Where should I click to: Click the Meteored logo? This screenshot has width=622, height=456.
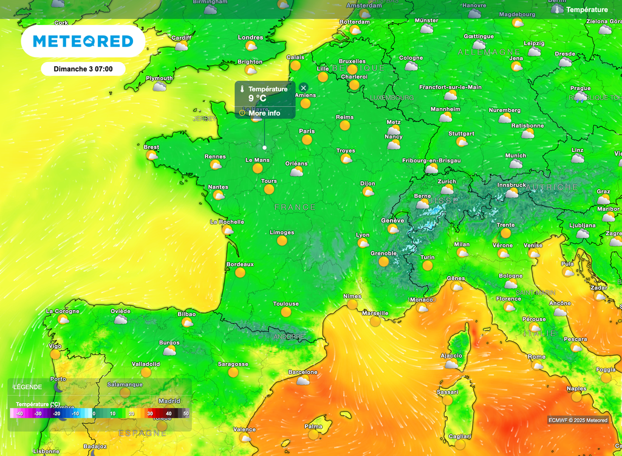tap(83, 41)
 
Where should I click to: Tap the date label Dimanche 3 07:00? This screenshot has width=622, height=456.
tap(83, 69)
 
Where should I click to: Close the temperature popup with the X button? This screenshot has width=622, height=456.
tap(304, 88)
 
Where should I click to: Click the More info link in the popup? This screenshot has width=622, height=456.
tap(264, 113)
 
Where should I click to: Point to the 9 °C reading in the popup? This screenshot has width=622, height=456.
tap(257, 98)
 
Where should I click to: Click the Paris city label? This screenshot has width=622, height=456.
tap(307, 131)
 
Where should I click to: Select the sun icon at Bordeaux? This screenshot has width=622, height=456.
tap(240, 272)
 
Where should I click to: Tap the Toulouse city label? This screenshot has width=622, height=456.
tap(285, 303)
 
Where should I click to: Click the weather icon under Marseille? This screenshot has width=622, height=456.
tap(375, 321)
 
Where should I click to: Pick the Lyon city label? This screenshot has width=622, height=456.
tap(363, 235)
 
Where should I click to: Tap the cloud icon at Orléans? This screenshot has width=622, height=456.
tap(296, 172)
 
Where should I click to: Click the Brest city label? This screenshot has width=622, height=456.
tap(151, 147)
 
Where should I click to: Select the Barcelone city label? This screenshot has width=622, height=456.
tap(302, 372)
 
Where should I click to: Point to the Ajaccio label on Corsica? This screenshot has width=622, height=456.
tap(451, 356)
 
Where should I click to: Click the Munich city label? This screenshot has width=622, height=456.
tap(516, 156)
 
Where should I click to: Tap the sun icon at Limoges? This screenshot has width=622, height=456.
tap(282, 241)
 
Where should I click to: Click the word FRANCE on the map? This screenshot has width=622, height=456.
tap(295, 207)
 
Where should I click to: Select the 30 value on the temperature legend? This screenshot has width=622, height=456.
tap(149, 413)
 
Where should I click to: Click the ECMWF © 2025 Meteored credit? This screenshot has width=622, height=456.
tap(578, 420)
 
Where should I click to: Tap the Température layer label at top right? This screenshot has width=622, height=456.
tap(587, 10)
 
